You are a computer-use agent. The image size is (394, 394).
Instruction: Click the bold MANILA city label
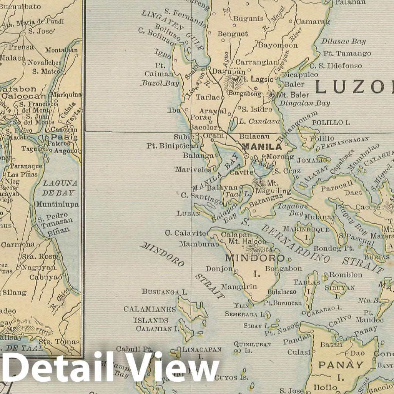pyautogui.click(x=261, y=147)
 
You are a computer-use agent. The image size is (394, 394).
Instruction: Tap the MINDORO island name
pyautogui.click(x=255, y=258)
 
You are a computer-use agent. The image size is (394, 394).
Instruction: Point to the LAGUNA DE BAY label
pyautogui.click(x=60, y=188)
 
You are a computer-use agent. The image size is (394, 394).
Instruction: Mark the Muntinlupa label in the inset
pyautogui.click(x=57, y=204)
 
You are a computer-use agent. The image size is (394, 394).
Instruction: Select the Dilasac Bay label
pyautogui.click(x=343, y=41)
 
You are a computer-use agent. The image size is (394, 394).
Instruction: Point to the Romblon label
pyautogui.click(x=346, y=275)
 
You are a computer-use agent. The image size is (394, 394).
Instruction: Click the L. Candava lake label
pyautogui.click(x=259, y=121)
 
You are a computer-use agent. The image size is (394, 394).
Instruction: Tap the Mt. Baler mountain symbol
pyautogui.click(x=273, y=95)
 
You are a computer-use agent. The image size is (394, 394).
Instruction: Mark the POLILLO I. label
pyautogui.click(x=331, y=123)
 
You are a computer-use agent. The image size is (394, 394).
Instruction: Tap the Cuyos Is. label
pyautogui.click(x=226, y=377)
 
